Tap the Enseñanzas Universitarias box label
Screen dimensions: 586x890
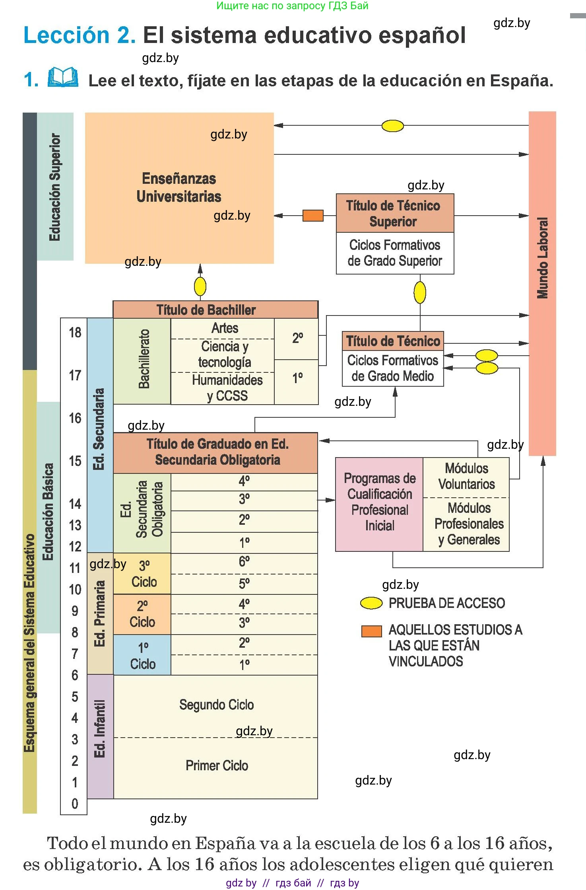(179, 187)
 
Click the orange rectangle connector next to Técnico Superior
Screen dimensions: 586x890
(313, 216)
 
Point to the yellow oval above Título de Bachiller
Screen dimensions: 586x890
(200, 286)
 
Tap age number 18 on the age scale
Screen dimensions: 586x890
(75, 333)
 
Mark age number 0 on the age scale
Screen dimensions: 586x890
(75, 804)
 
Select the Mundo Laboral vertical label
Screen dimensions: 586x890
(542, 258)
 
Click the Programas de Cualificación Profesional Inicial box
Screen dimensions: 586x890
(379, 504)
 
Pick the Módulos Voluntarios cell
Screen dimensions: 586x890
(466, 477)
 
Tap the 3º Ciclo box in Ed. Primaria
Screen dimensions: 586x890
(142, 573)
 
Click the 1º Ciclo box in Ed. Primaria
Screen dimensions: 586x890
(142, 655)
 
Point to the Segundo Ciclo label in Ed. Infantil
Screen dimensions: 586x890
(216, 705)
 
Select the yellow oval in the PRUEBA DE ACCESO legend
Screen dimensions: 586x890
(371, 603)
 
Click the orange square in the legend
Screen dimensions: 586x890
(371, 631)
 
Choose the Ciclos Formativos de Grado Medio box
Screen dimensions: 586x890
(393, 368)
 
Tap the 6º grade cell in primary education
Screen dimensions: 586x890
(244, 563)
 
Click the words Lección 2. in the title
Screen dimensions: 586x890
(80, 35)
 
